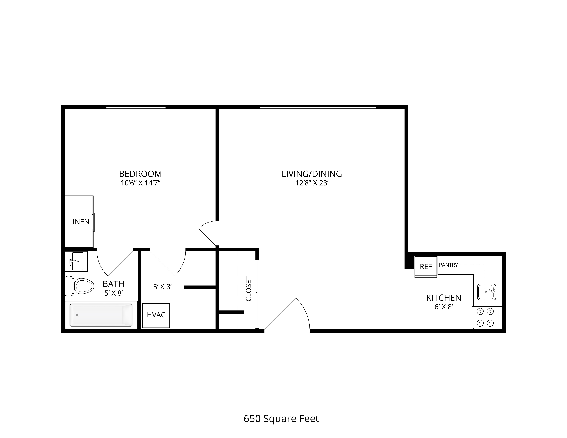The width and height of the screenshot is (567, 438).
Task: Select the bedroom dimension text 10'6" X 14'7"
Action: coord(140,183)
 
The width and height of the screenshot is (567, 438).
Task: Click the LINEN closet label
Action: coord(79,222)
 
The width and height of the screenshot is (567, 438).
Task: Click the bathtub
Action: coord(101,315)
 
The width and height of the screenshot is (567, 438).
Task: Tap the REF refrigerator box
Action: coord(426,267)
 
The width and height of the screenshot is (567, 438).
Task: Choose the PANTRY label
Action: coord(448,265)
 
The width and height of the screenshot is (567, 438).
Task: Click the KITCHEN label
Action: coord(444,298)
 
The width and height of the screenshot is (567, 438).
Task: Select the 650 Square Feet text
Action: coord(281,404)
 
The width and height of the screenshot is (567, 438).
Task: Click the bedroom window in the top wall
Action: coord(136,107)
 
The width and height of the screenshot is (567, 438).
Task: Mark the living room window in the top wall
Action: coord(318,107)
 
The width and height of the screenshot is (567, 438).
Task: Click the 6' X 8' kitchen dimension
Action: coord(444,307)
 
